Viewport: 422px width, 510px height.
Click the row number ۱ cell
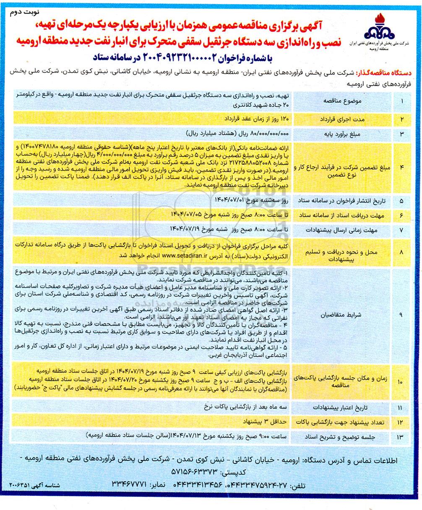click(401, 101)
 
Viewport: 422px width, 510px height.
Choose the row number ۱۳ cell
click(401, 436)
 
